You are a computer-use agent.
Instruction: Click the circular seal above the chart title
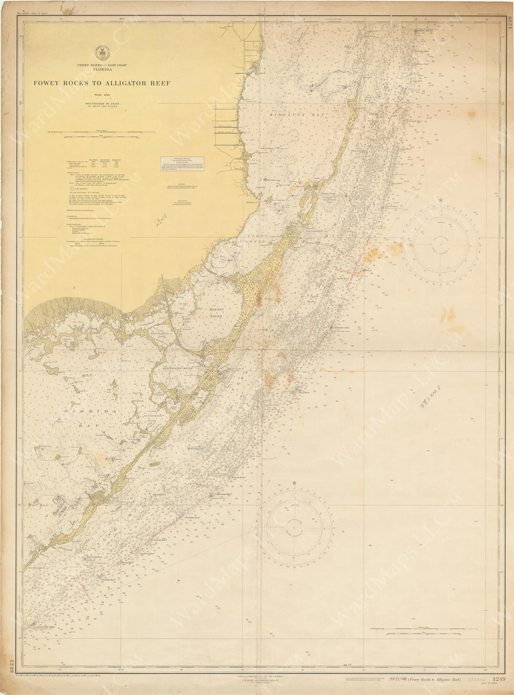click(x=101, y=52)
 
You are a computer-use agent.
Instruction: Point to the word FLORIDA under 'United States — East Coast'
click(x=103, y=69)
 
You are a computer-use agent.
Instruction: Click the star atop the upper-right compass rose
click(x=441, y=200)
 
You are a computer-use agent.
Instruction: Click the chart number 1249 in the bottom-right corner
click(x=500, y=679)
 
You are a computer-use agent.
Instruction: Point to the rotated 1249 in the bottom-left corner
click(x=10, y=665)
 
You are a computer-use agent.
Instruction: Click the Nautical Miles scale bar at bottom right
click(x=409, y=631)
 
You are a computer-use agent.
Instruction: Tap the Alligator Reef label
click(x=46, y=627)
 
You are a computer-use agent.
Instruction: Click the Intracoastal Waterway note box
click(x=182, y=164)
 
